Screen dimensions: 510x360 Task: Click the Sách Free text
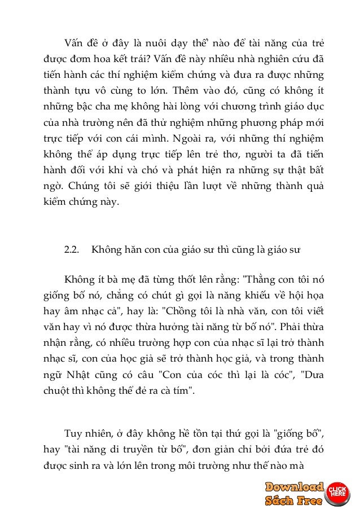coord(294,500)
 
